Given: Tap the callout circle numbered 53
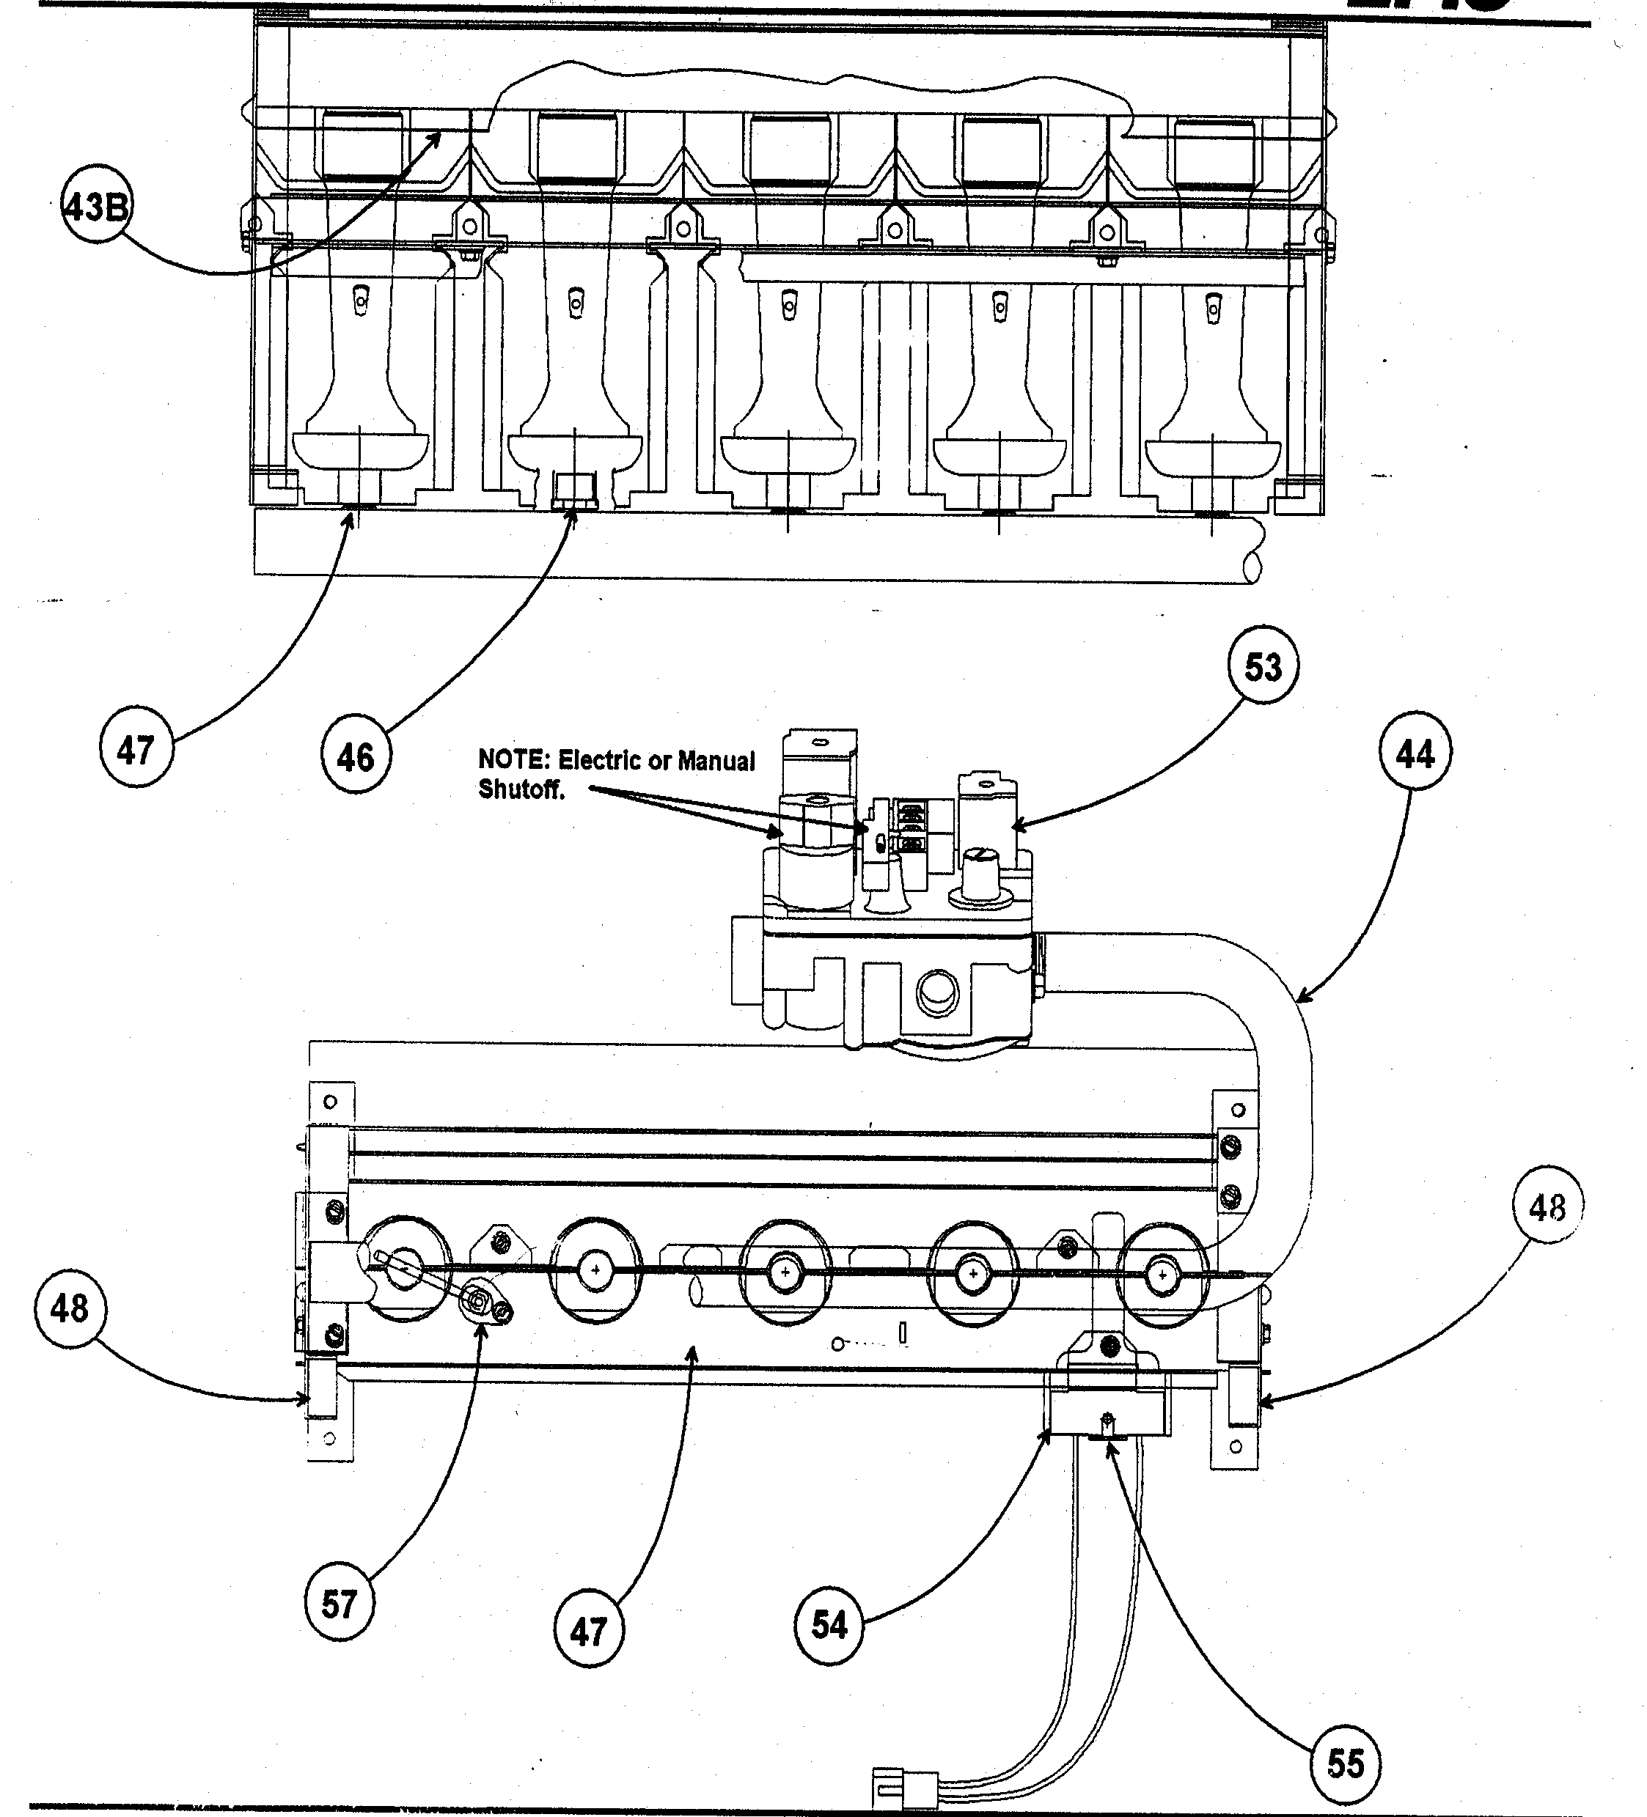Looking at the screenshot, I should (x=1262, y=668).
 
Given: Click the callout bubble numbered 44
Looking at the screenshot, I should (x=1414, y=753).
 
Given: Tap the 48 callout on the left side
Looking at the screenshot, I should (x=70, y=1308).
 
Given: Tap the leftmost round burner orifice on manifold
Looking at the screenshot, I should (x=406, y=1269).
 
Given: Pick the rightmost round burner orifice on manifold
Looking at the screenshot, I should (x=1162, y=1275).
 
